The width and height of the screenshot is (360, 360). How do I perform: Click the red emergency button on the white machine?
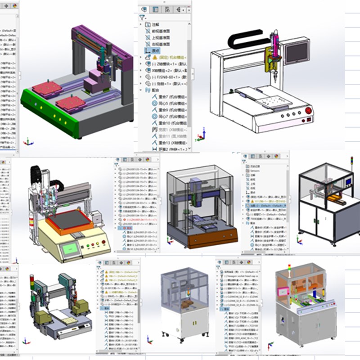(309, 110)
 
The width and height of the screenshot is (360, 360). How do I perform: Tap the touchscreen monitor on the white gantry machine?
(297, 53)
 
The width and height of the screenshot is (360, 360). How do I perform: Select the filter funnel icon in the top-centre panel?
(142, 18)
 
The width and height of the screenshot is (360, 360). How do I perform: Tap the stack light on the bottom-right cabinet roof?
(290, 268)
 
